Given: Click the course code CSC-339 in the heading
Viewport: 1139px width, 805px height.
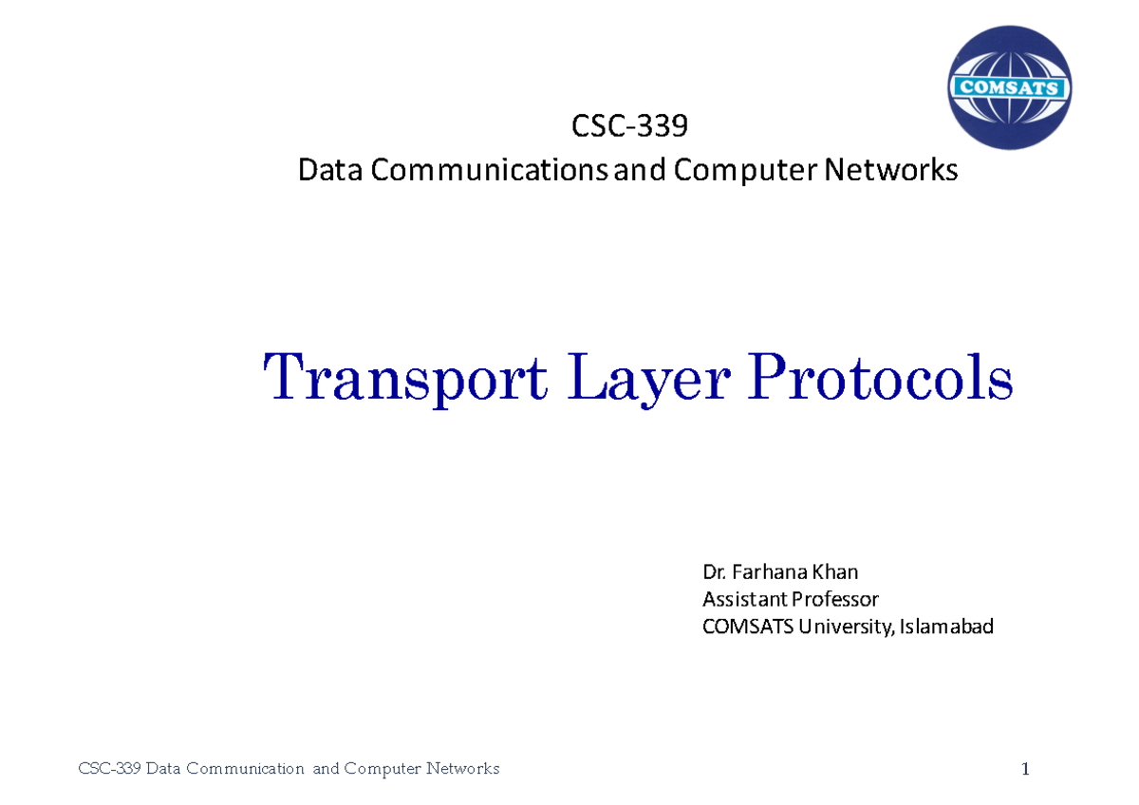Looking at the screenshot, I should pos(628,126).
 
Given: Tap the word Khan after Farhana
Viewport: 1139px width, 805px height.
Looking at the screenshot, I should pos(836,571).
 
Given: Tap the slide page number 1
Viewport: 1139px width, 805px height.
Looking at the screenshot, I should pos(1025,769).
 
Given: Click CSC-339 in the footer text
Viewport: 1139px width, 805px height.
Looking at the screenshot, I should pos(108,769).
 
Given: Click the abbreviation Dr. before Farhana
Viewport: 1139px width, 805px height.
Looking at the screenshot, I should pos(713,571).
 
